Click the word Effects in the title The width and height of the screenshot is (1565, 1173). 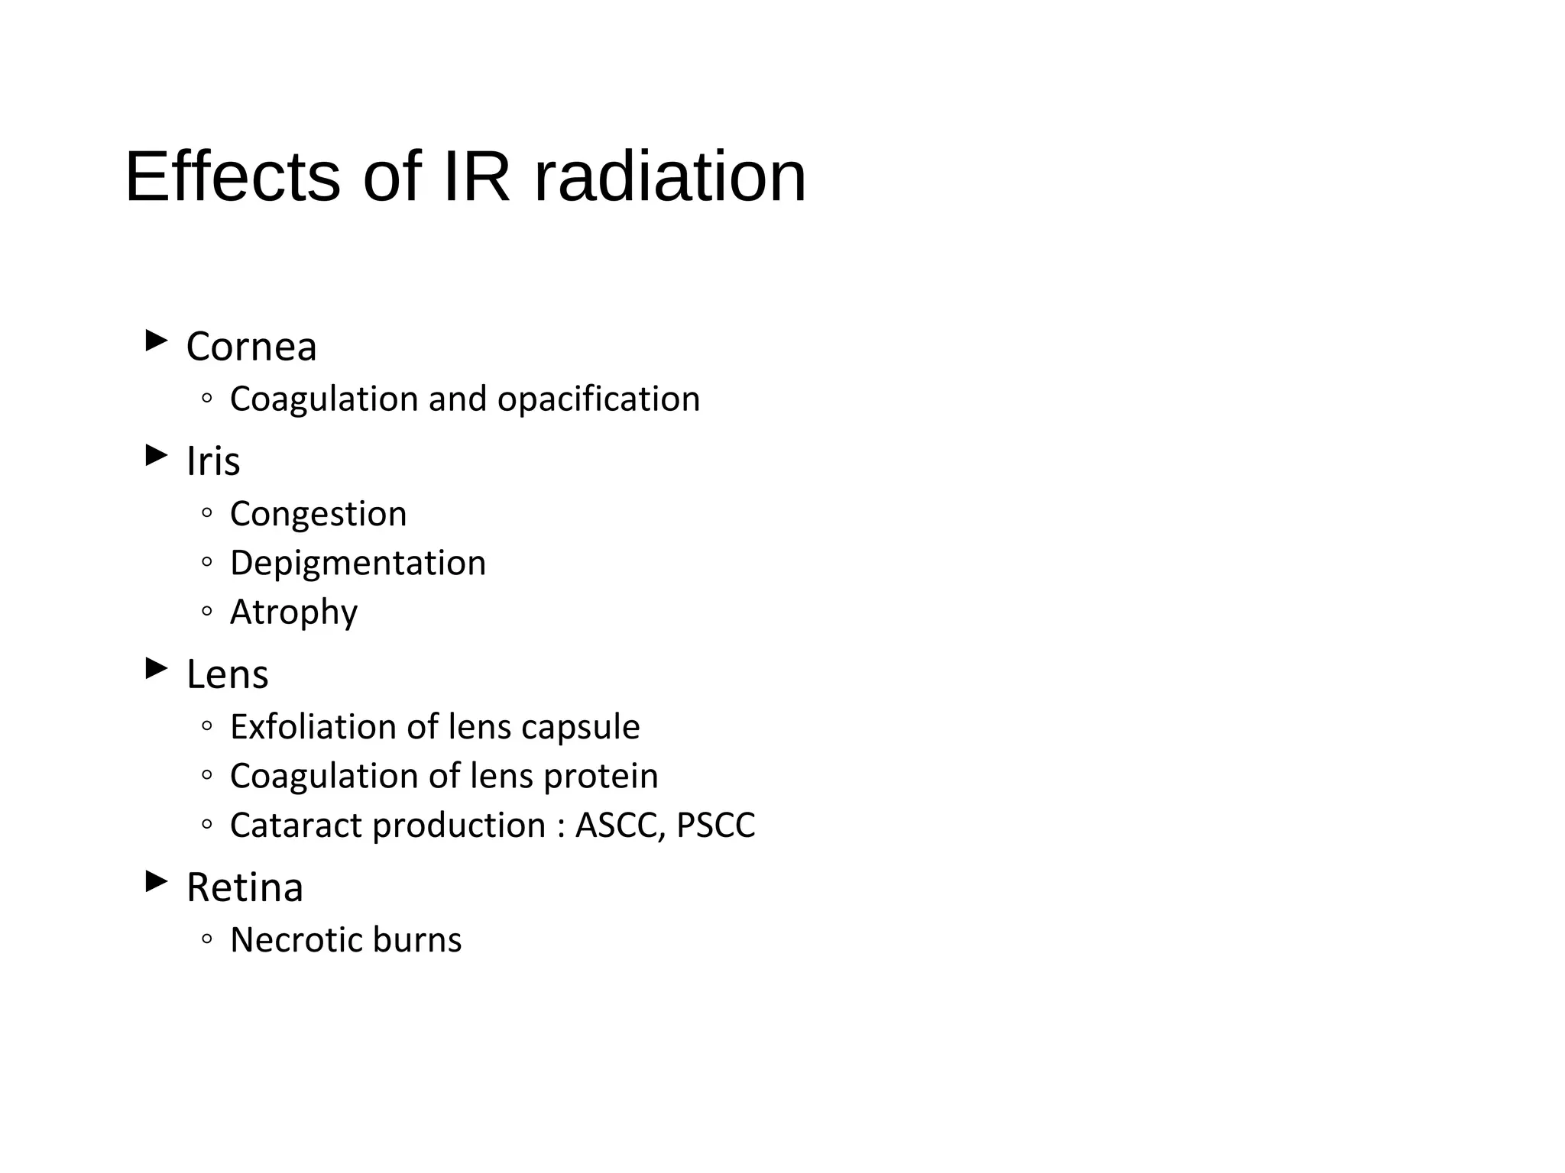[x=232, y=177]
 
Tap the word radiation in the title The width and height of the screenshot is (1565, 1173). [x=669, y=177]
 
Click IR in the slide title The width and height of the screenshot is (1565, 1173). [x=476, y=177]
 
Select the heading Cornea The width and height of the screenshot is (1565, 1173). [x=251, y=347]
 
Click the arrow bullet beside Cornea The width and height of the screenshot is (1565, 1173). [x=157, y=341]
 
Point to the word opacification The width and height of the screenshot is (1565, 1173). [x=598, y=399]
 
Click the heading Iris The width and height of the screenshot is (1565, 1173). [x=213, y=461]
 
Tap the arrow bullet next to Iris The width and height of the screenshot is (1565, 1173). [x=157, y=456]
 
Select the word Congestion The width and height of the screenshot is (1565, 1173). [x=318, y=514]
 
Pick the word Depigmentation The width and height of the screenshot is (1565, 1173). [x=358, y=564]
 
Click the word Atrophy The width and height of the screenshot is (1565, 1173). [x=293, y=612]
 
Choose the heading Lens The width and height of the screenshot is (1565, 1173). [x=228, y=674]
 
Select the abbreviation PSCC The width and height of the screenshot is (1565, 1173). [x=716, y=826]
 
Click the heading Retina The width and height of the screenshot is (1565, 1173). [x=245, y=887]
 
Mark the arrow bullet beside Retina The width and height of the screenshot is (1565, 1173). [x=157, y=882]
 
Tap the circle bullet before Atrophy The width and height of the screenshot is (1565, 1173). [x=206, y=612]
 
